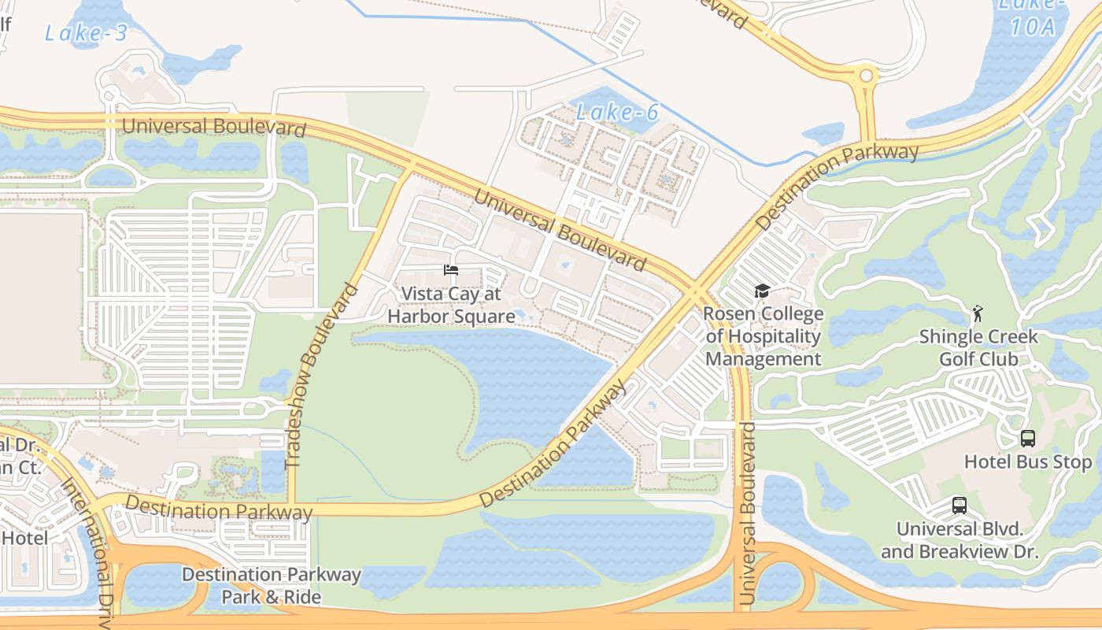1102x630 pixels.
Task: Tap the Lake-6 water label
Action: pos(617,113)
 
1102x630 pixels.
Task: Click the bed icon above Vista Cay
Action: pos(451,270)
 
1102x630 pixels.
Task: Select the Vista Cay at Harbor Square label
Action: pos(451,305)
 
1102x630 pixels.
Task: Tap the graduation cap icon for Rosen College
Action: pos(761,291)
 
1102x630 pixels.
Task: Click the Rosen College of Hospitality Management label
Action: pos(763,336)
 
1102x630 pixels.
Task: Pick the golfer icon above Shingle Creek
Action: pos(978,313)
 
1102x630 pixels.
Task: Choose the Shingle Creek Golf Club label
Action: pos(978,348)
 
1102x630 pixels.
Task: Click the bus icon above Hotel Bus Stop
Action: pos(1027,439)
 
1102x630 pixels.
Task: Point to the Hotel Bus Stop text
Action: pos(1028,461)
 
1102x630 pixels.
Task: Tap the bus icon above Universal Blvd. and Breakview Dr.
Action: pos(959,506)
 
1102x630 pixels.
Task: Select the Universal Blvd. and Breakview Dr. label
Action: pos(959,539)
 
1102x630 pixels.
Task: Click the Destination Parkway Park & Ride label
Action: pos(271,585)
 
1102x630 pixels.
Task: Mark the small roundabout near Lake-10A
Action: pos(866,76)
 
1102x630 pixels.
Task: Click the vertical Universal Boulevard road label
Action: pos(747,513)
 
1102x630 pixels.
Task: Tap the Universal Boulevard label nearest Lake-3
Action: pos(213,126)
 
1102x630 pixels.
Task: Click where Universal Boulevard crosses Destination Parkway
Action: pos(693,292)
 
